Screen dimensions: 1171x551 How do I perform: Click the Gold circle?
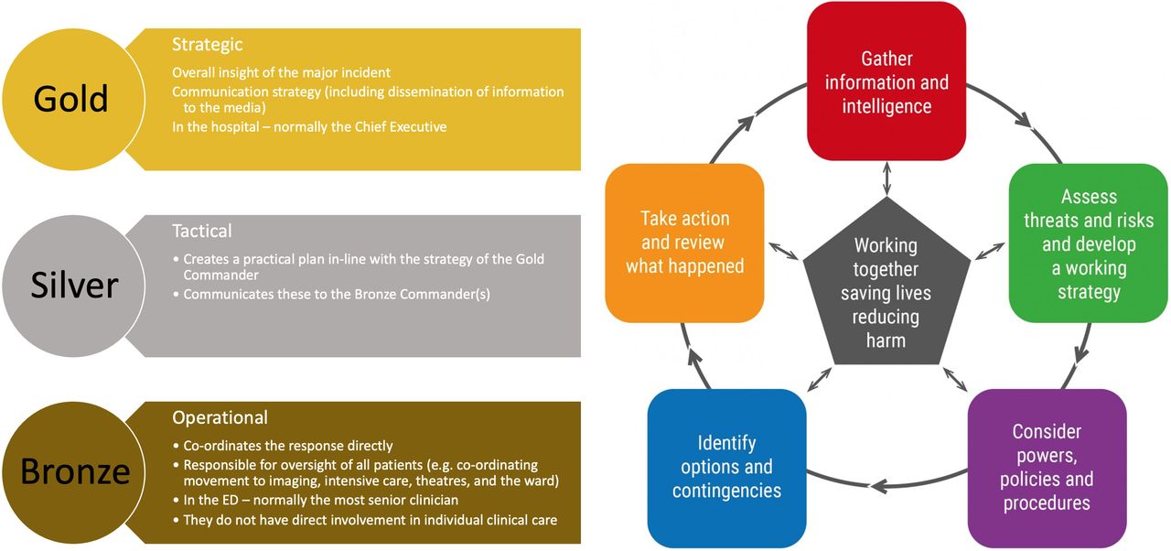pos(73,100)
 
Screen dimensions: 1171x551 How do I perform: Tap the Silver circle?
pos(73,286)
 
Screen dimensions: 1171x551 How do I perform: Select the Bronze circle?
pos(73,472)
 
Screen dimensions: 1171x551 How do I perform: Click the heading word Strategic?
pos(207,45)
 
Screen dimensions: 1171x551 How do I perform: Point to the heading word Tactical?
pos(202,231)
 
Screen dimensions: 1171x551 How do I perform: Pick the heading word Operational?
pos(220,417)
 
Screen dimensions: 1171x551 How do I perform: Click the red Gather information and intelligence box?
pos(886,81)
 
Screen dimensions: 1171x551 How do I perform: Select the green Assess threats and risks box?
pos(1088,243)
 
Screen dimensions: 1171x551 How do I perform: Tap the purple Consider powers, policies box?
pos(1047,468)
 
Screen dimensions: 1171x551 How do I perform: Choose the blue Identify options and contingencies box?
pos(726,468)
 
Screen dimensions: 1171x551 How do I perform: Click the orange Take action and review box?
pos(684,243)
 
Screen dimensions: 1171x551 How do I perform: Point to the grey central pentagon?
pos(886,285)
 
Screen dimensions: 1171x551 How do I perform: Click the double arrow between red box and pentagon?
pos(886,178)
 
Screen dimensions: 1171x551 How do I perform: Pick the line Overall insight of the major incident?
pos(281,72)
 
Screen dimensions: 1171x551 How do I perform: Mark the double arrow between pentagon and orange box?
pos(783,251)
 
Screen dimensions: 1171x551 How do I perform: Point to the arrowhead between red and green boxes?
pos(1024,120)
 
